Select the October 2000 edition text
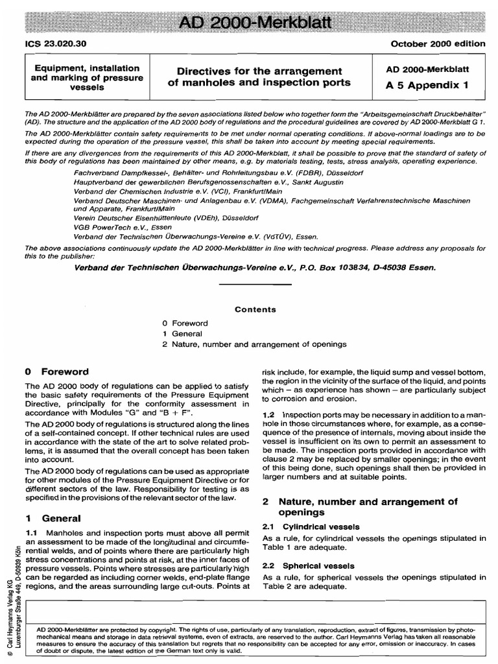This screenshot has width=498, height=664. click(x=438, y=44)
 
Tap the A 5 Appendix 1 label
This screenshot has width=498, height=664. click(x=427, y=84)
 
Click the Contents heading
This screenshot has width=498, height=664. click(x=255, y=310)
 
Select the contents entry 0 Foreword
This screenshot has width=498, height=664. click(x=185, y=323)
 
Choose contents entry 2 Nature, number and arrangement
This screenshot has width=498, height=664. click(x=254, y=344)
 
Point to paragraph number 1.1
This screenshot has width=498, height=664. click(x=32, y=532)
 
